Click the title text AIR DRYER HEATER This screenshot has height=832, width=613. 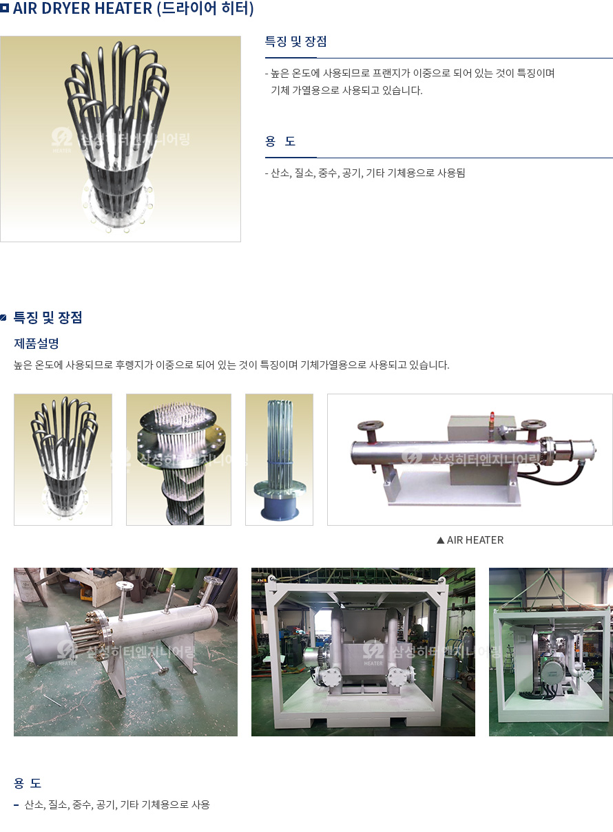click(83, 8)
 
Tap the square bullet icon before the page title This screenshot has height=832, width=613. click(4, 8)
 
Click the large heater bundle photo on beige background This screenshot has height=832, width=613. click(121, 139)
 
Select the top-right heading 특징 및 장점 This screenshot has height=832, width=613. click(295, 41)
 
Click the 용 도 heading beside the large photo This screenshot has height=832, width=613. click(280, 141)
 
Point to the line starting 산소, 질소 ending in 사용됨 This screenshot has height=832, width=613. click(365, 173)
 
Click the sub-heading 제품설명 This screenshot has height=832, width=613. click(36, 343)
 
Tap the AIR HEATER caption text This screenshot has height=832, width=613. click(475, 540)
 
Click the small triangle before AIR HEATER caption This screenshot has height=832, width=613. click(441, 540)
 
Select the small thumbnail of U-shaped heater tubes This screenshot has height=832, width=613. click(63, 460)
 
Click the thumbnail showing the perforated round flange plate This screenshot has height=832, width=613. click(178, 460)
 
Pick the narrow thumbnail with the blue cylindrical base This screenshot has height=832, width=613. click(279, 460)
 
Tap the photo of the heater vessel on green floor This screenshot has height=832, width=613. click(125, 652)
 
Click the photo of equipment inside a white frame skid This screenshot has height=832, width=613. click(363, 652)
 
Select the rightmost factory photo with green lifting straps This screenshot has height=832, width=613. click(551, 652)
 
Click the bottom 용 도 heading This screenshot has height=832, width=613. click(28, 783)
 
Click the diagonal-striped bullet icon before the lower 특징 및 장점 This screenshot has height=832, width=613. click(3, 317)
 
